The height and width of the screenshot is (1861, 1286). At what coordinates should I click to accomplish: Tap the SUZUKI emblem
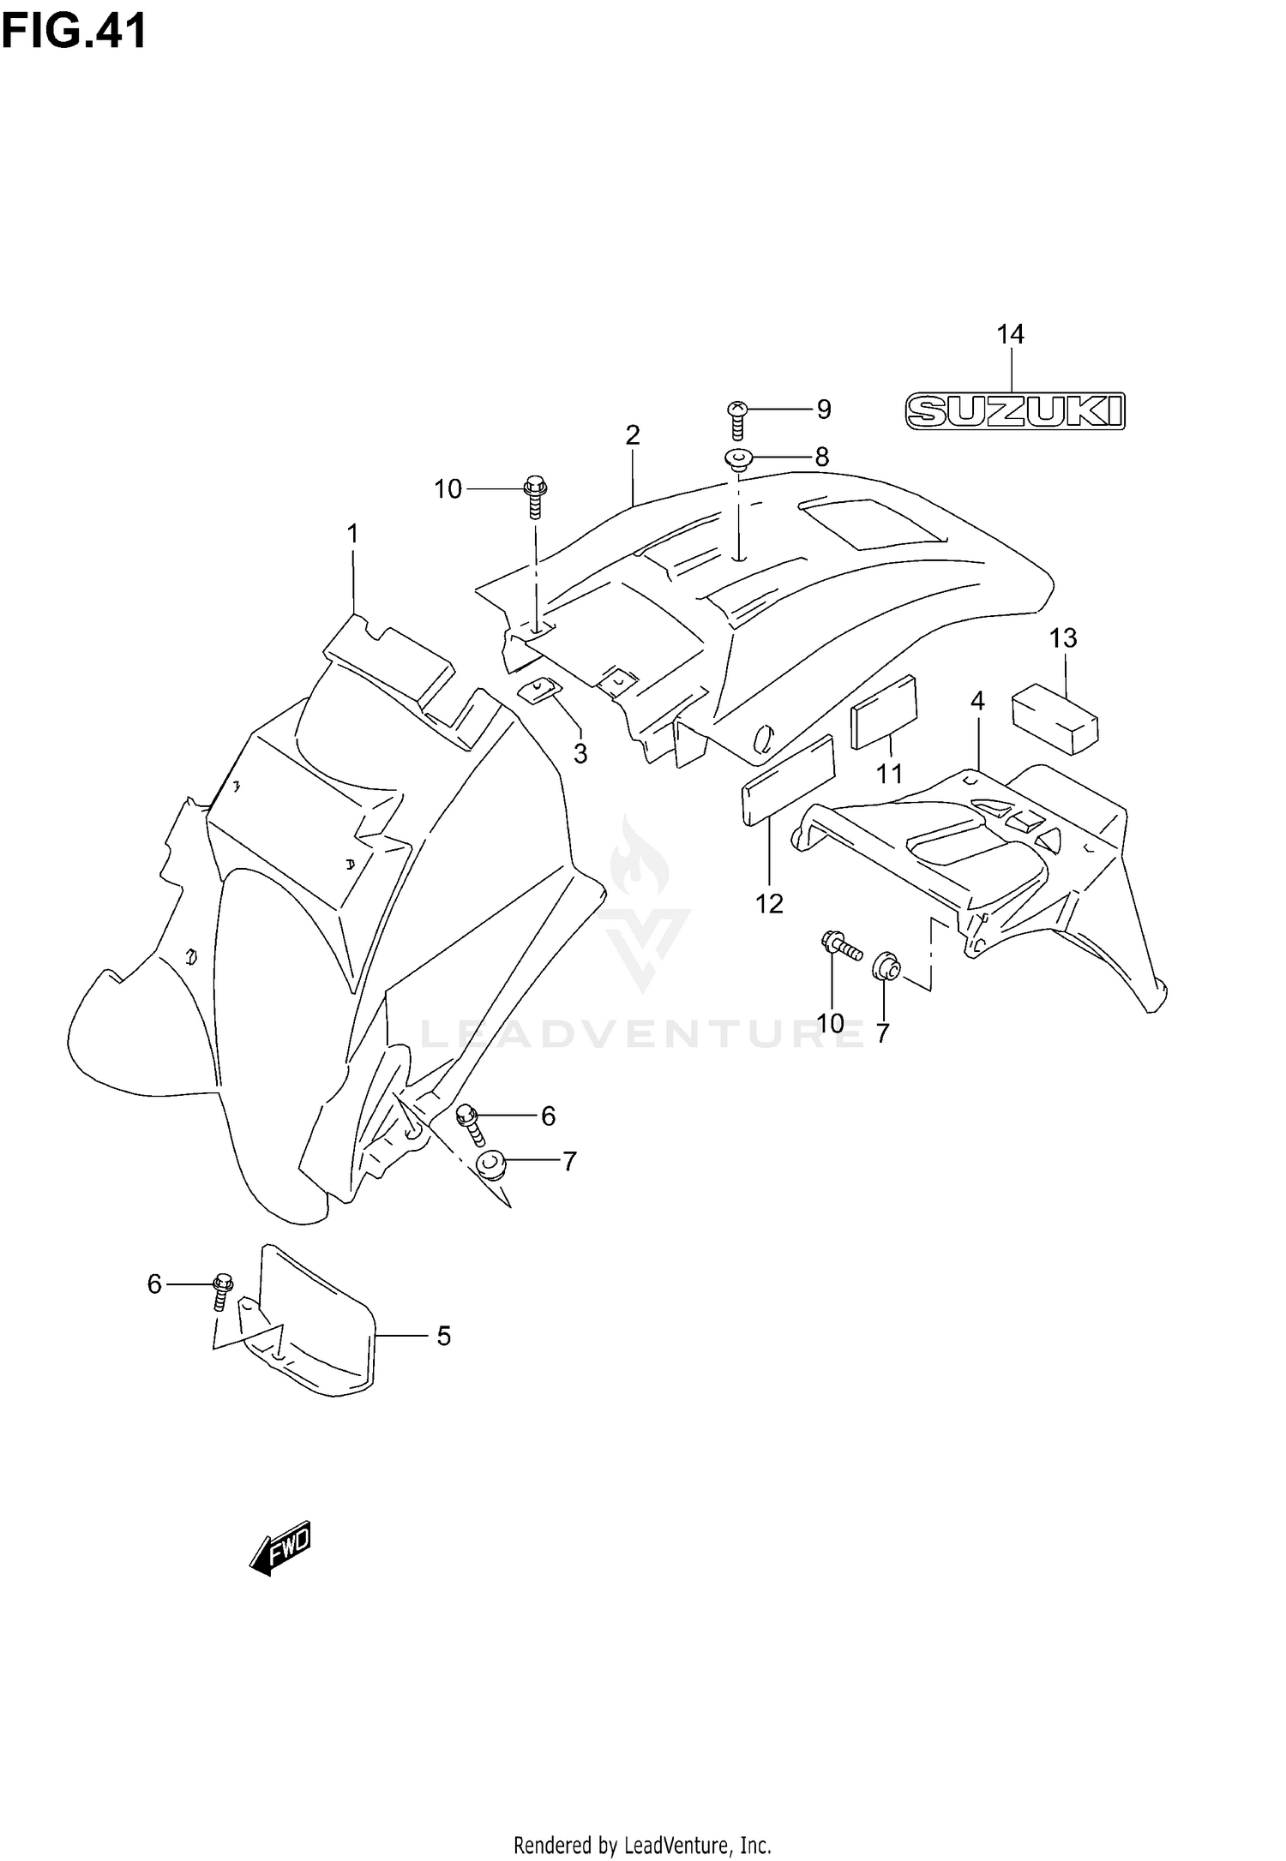pyautogui.click(x=1015, y=411)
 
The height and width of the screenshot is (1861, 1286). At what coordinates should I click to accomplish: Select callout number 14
pyautogui.click(x=1010, y=334)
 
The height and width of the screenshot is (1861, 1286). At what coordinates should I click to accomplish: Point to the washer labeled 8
pyautogui.click(x=738, y=460)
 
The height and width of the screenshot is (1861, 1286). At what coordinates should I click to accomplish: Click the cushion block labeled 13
pyautogui.click(x=1055, y=718)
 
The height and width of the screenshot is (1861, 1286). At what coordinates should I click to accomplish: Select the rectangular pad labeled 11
pyautogui.click(x=884, y=711)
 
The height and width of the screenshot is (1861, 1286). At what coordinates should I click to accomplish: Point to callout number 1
pyautogui.click(x=352, y=534)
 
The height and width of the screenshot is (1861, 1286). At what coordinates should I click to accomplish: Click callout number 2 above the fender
pyautogui.click(x=633, y=435)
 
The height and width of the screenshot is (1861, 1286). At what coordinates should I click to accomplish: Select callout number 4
pyautogui.click(x=977, y=701)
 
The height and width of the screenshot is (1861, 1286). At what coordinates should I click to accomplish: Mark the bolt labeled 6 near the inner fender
pyautogui.click(x=471, y=1124)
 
